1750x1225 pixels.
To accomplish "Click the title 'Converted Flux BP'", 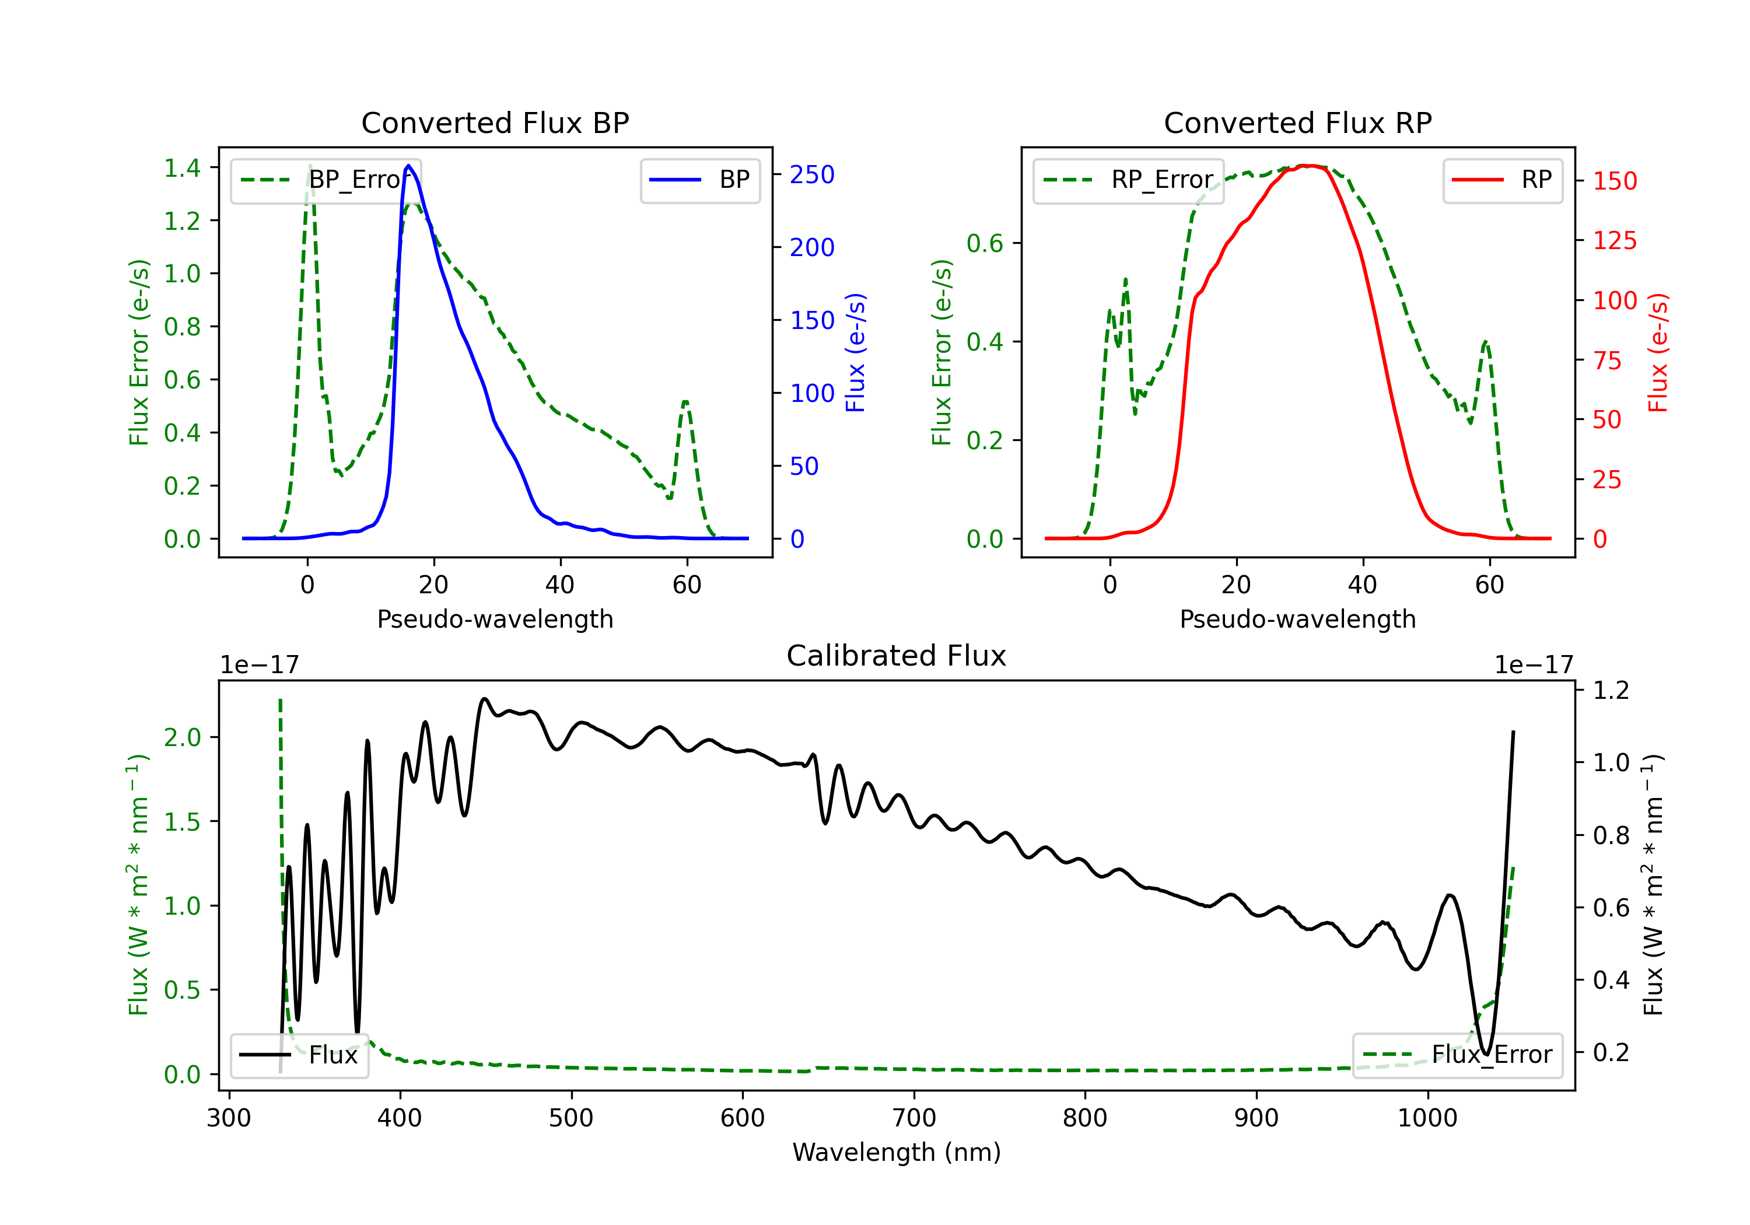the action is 495,123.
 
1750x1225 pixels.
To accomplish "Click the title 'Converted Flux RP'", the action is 1298,123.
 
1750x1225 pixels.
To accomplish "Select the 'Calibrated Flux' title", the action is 897,656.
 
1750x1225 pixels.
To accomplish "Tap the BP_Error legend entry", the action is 326,180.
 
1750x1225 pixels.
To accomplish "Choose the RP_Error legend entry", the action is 1129,180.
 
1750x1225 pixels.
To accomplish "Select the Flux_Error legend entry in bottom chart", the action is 1457,1055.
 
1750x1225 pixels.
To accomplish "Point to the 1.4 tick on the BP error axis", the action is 182,167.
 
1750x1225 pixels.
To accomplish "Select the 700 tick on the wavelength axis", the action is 914,1118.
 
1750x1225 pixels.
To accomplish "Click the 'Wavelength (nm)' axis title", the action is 897,1152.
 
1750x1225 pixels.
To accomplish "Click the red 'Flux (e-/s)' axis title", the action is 1658,353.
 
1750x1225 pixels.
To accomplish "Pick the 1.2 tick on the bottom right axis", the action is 1611,691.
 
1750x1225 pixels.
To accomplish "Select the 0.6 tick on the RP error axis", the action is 985,244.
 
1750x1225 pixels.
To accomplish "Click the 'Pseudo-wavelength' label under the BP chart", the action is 495,619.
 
